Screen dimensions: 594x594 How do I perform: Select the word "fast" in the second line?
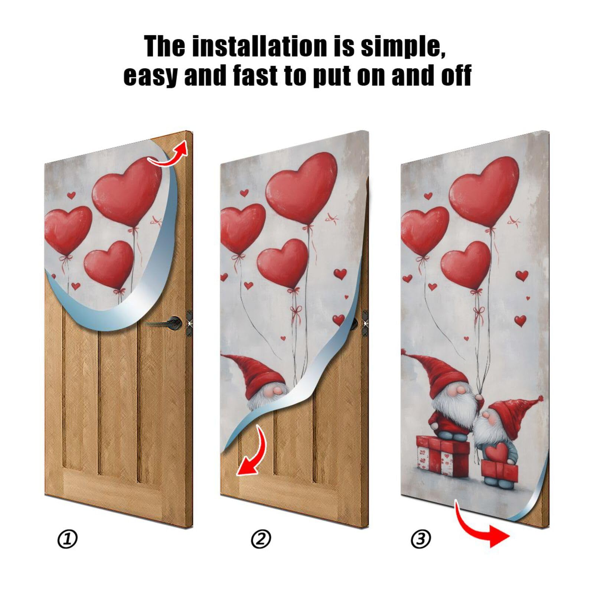(256, 75)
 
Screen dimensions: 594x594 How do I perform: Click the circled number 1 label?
(68, 539)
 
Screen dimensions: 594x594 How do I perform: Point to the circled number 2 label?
(261, 539)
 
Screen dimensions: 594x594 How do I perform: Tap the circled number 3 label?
(421, 539)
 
